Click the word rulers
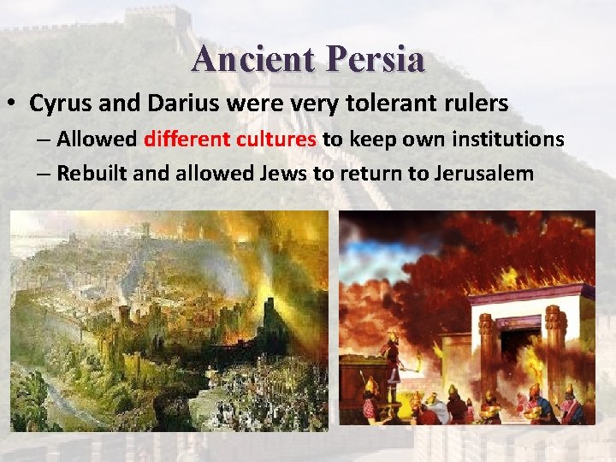476,104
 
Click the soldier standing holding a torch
393,359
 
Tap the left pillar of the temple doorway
489,351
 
